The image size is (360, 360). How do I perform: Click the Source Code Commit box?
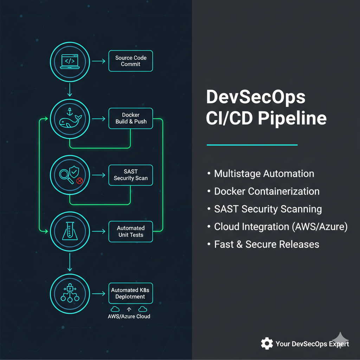(130, 61)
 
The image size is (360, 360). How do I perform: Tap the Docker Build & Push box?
(130, 118)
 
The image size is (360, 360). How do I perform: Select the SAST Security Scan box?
(130, 175)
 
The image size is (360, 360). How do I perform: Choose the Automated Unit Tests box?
(130, 231)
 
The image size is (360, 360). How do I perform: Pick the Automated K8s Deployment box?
(130, 293)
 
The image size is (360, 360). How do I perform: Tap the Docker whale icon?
(70, 120)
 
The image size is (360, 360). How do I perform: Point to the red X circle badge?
(79, 181)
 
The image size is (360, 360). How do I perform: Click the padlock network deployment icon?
(70, 293)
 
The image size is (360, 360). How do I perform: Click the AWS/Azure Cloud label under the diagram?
(129, 316)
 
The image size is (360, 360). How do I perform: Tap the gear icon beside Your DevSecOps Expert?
(267, 343)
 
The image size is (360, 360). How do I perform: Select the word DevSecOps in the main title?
(256, 97)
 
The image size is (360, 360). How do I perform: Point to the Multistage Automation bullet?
(264, 174)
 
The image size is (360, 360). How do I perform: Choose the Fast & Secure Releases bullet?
(266, 244)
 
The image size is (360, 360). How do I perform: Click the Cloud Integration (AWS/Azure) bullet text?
(281, 227)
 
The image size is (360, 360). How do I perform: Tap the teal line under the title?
(252, 144)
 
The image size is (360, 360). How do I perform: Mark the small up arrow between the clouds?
(129, 309)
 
